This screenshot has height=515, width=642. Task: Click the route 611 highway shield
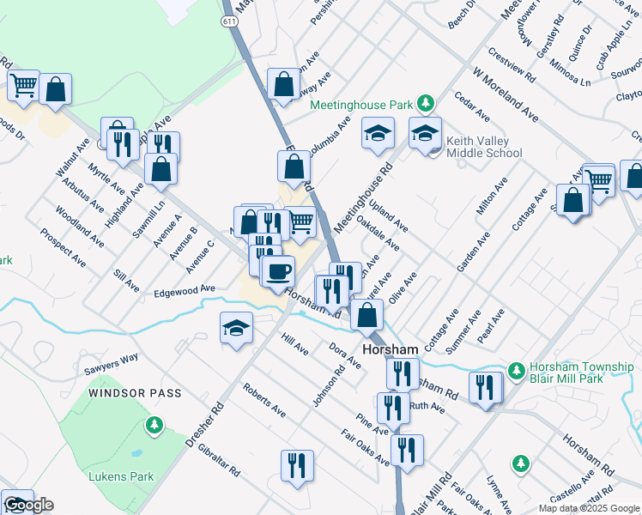pyautogui.click(x=228, y=28)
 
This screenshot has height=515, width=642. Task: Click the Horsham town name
pyautogui.click(x=390, y=350)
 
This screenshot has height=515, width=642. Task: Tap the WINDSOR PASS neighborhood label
pyautogui.click(x=136, y=393)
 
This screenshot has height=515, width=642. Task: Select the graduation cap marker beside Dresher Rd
pyautogui.click(x=236, y=329)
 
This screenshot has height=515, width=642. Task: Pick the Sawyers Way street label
pyautogui.click(x=111, y=364)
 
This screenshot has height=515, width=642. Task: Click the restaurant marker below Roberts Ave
pyautogui.click(x=297, y=466)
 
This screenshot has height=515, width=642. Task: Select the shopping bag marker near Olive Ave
pyautogui.click(x=366, y=315)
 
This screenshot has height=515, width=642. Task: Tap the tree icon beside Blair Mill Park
pyautogui.click(x=516, y=370)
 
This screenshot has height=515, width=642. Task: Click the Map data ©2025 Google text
pyautogui.click(x=587, y=508)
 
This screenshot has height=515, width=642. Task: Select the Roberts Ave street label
pyautogui.click(x=263, y=400)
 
